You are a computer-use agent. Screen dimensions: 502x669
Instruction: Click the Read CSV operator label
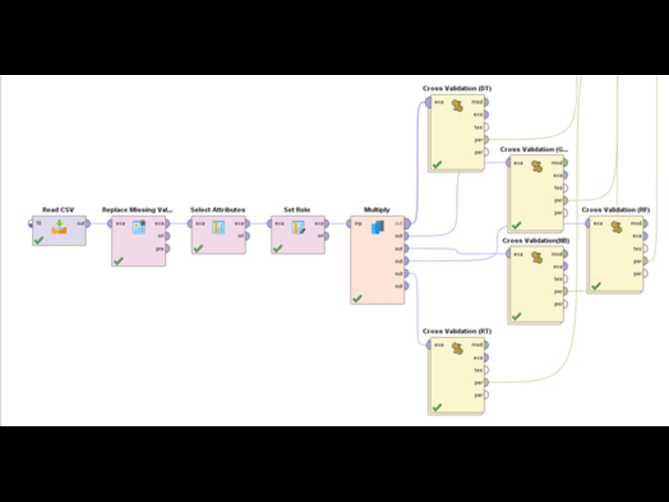click(x=59, y=210)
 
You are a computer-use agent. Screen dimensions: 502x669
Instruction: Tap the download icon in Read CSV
click(x=59, y=226)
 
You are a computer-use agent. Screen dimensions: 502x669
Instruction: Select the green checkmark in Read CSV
click(x=39, y=239)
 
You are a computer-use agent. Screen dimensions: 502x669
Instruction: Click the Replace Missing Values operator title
click(x=138, y=210)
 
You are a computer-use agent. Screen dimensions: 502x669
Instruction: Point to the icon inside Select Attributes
click(x=218, y=227)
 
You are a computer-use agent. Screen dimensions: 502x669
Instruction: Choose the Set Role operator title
click(x=297, y=210)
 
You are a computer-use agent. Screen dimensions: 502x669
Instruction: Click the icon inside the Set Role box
click(x=298, y=227)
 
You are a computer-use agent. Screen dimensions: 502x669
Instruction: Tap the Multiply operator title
click(x=377, y=210)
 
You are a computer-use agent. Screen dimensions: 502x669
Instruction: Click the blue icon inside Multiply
click(x=378, y=227)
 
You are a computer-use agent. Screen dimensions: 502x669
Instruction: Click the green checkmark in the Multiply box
click(x=357, y=298)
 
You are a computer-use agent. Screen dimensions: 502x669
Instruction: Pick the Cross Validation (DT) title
click(x=458, y=88)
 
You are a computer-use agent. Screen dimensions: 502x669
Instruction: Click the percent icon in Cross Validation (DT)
click(x=458, y=106)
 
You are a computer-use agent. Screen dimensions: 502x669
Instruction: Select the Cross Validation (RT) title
click(x=458, y=331)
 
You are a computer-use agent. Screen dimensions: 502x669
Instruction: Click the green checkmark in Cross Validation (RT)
click(x=437, y=407)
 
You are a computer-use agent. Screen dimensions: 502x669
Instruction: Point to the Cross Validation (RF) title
click(x=615, y=210)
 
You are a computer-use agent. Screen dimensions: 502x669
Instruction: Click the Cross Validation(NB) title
click(x=536, y=240)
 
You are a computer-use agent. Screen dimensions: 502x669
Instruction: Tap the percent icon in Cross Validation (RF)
click(x=616, y=228)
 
